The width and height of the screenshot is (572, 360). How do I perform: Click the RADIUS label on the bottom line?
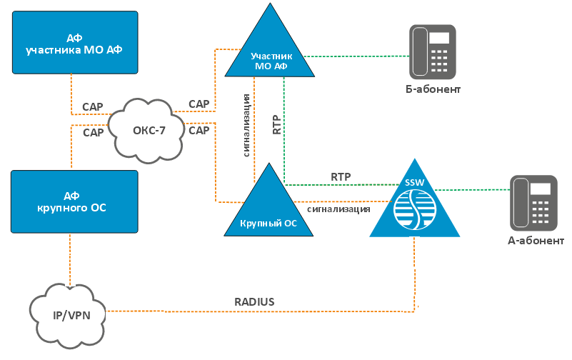click(254, 302)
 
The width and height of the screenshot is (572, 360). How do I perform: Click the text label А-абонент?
click(536, 241)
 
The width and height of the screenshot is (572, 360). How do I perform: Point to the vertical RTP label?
click(277, 124)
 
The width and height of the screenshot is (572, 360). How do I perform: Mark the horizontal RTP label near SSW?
click(341, 176)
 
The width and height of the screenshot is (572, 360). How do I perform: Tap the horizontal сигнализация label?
click(338, 210)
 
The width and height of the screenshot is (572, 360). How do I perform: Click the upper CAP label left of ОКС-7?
click(93, 107)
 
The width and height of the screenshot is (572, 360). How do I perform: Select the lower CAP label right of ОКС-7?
click(199, 131)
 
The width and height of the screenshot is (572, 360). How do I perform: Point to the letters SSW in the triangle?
click(414, 183)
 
